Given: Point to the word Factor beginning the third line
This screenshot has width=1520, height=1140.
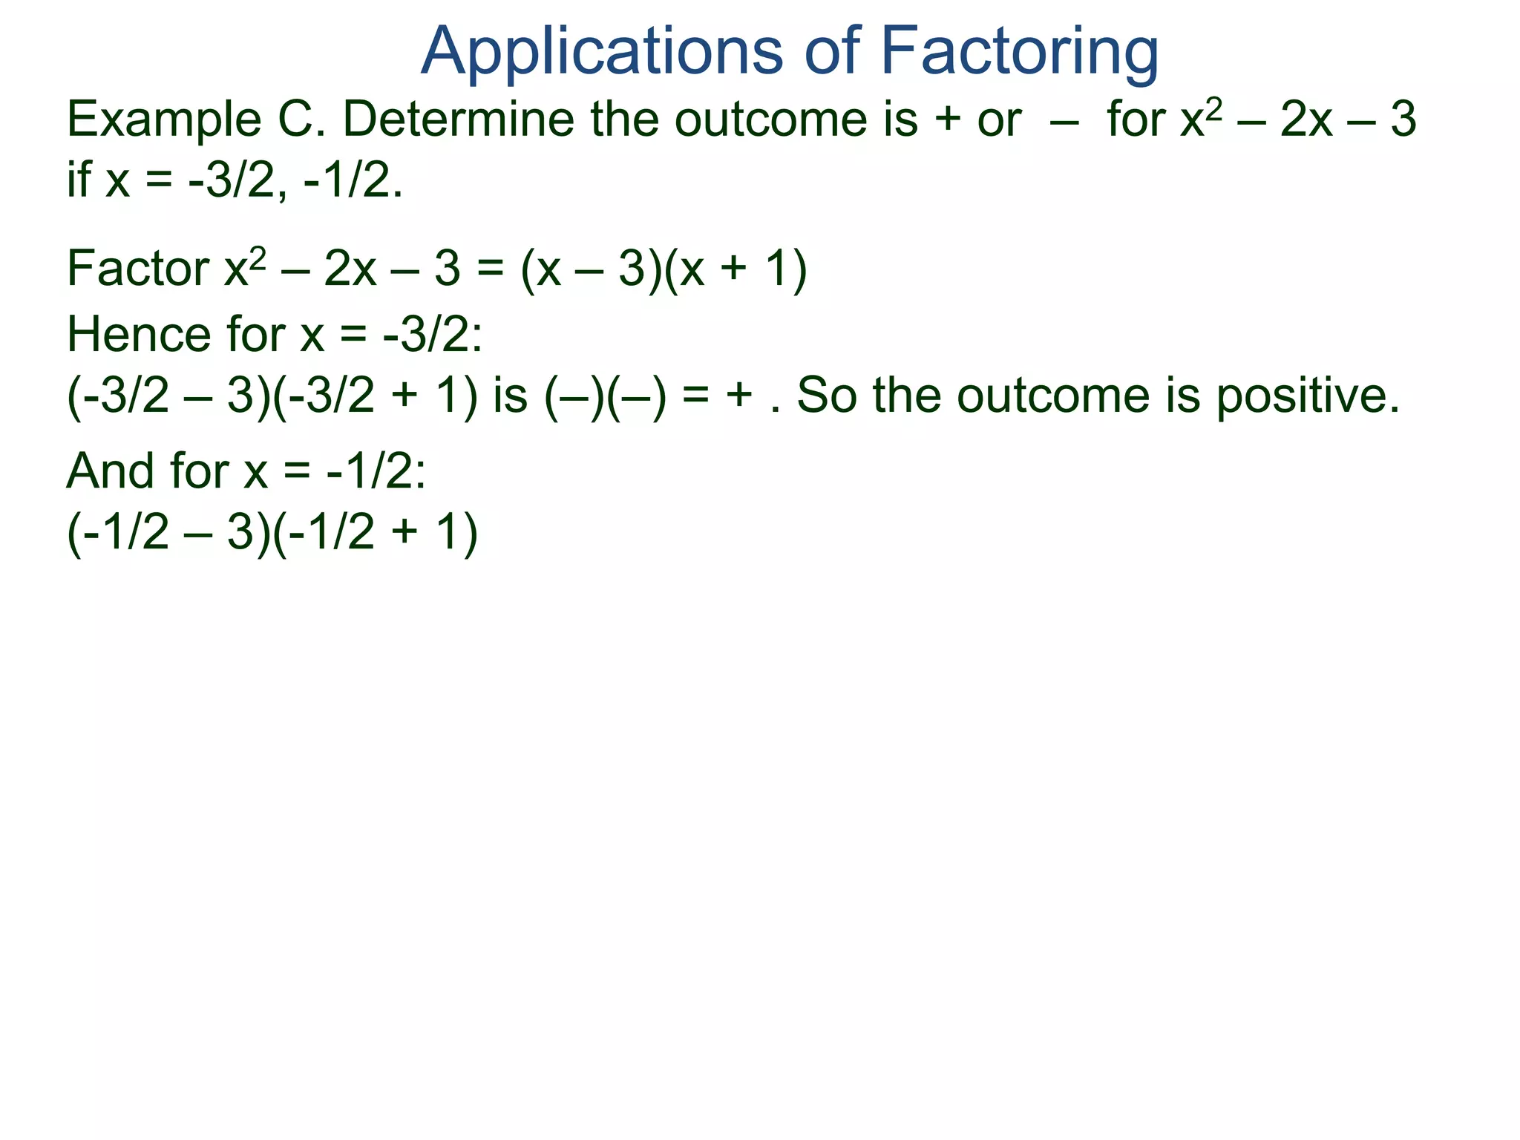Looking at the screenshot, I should coord(138,269).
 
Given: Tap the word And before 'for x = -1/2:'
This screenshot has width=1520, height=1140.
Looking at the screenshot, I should coord(111,471).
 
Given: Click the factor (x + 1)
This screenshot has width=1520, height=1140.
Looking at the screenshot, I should coord(734,269).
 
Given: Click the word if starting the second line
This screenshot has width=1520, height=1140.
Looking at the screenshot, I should coord(79,179).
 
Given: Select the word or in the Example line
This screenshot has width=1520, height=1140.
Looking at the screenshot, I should coord(1000,120).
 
